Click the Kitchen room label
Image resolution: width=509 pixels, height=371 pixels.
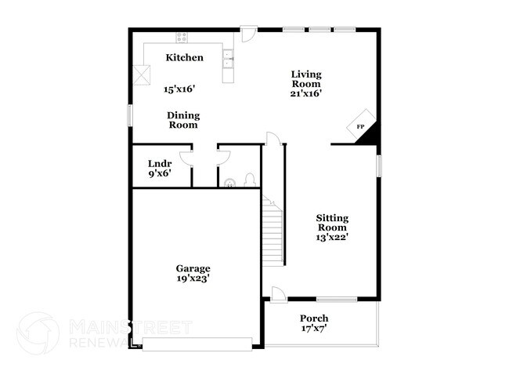point(185,57)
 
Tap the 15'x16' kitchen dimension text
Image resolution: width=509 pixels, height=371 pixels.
point(179,89)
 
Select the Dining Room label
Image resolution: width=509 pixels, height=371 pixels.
point(183,119)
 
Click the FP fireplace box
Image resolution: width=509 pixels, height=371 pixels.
point(360,125)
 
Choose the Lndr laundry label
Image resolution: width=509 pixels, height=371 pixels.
point(160,163)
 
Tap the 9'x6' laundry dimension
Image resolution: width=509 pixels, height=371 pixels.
point(160,175)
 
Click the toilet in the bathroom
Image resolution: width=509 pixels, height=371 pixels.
point(249,180)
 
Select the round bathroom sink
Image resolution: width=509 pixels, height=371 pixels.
point(229,184)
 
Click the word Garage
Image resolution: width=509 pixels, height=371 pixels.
point(193,268)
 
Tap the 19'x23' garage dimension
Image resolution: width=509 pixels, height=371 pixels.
point(193,278)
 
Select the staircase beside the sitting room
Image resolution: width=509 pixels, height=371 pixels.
point(273,231)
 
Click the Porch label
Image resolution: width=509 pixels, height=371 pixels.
point(314,318)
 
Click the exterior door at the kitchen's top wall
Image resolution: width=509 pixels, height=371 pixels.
point(248,34)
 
